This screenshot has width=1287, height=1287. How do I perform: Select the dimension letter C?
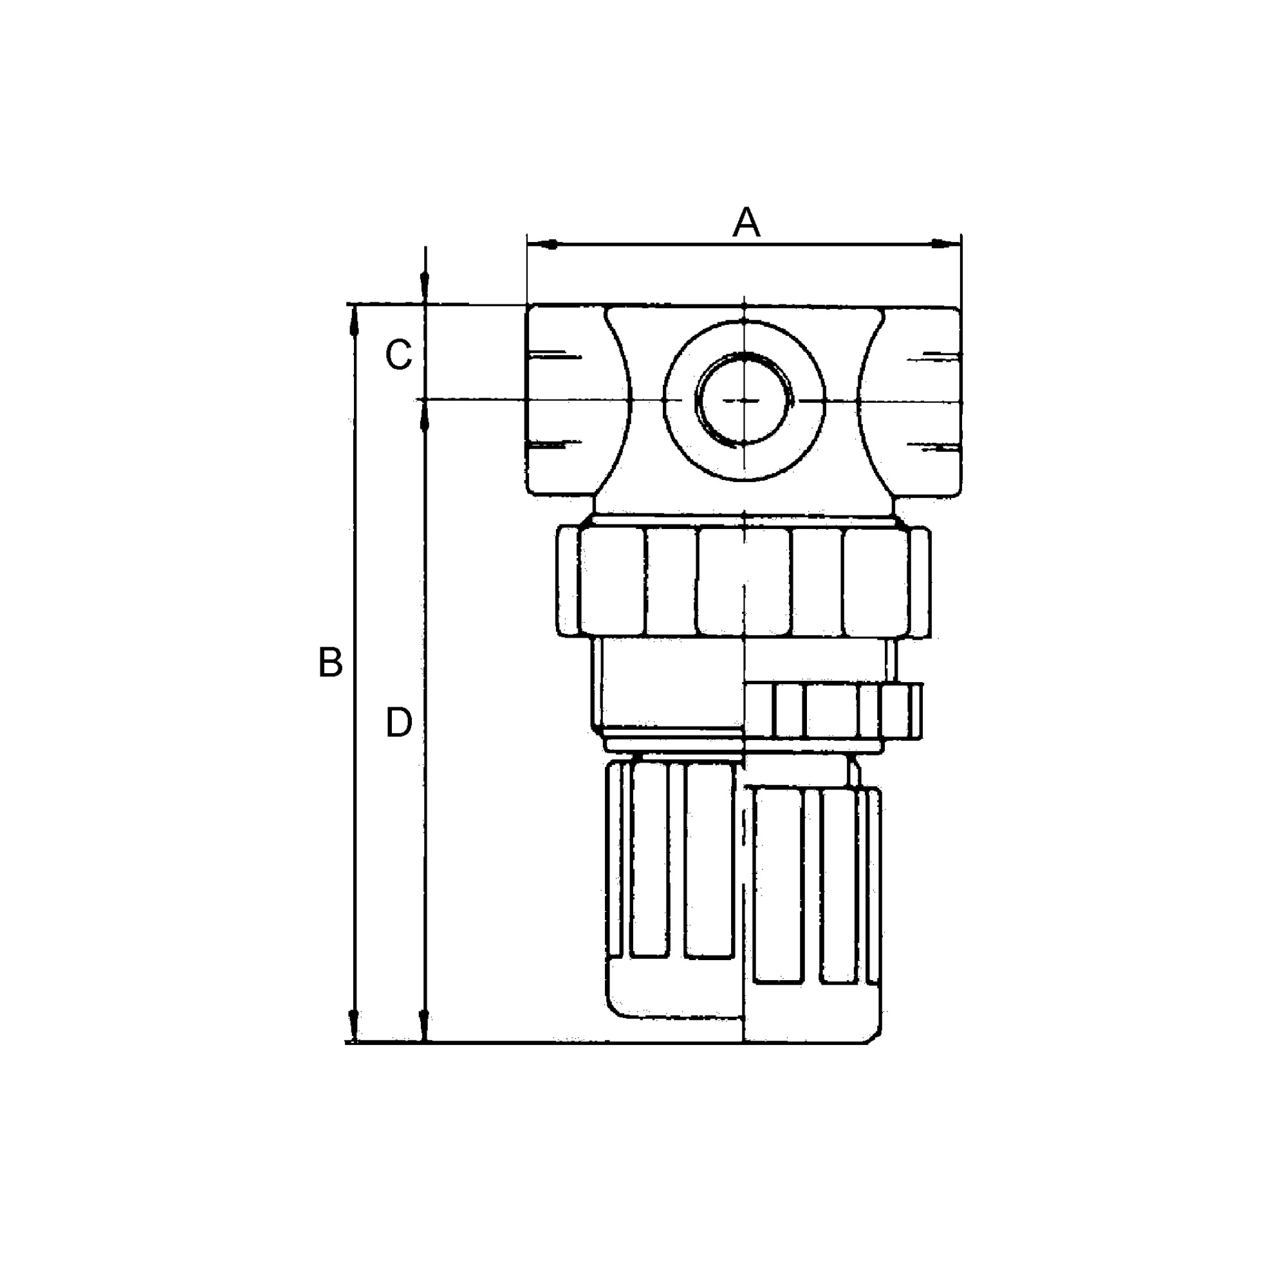coord(399,355)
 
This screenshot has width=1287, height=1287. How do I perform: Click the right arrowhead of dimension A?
coord(942,245)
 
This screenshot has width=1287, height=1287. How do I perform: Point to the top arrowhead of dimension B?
coord(355,323)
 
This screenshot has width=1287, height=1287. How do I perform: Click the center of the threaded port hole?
coord(744,400)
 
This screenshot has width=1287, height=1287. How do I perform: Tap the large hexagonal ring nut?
coord(743,582)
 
